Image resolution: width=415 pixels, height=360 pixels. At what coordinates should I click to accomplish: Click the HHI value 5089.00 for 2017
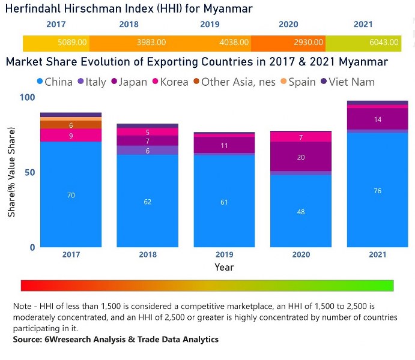[72, 43]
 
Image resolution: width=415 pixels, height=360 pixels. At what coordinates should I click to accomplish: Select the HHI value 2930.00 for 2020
[309, 43]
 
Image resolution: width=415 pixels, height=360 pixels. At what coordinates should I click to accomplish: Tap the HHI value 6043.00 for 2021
[383, 43]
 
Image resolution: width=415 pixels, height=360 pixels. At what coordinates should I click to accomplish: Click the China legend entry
[55, 82]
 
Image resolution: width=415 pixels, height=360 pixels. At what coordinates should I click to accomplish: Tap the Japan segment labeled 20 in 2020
[301, 157]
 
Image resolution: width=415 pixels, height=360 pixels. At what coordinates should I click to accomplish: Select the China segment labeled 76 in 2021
[378, 190]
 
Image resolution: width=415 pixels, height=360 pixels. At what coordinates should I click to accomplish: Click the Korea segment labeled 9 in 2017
[70, 136]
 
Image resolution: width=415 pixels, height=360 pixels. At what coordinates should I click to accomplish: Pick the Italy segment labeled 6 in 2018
[148, 151]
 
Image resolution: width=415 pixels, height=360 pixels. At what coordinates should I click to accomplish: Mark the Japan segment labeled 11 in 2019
[224, 146]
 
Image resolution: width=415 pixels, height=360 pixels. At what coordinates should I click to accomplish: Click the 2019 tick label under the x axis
[224, 254]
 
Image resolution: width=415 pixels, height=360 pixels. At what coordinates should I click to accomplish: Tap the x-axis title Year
[224, 267]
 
